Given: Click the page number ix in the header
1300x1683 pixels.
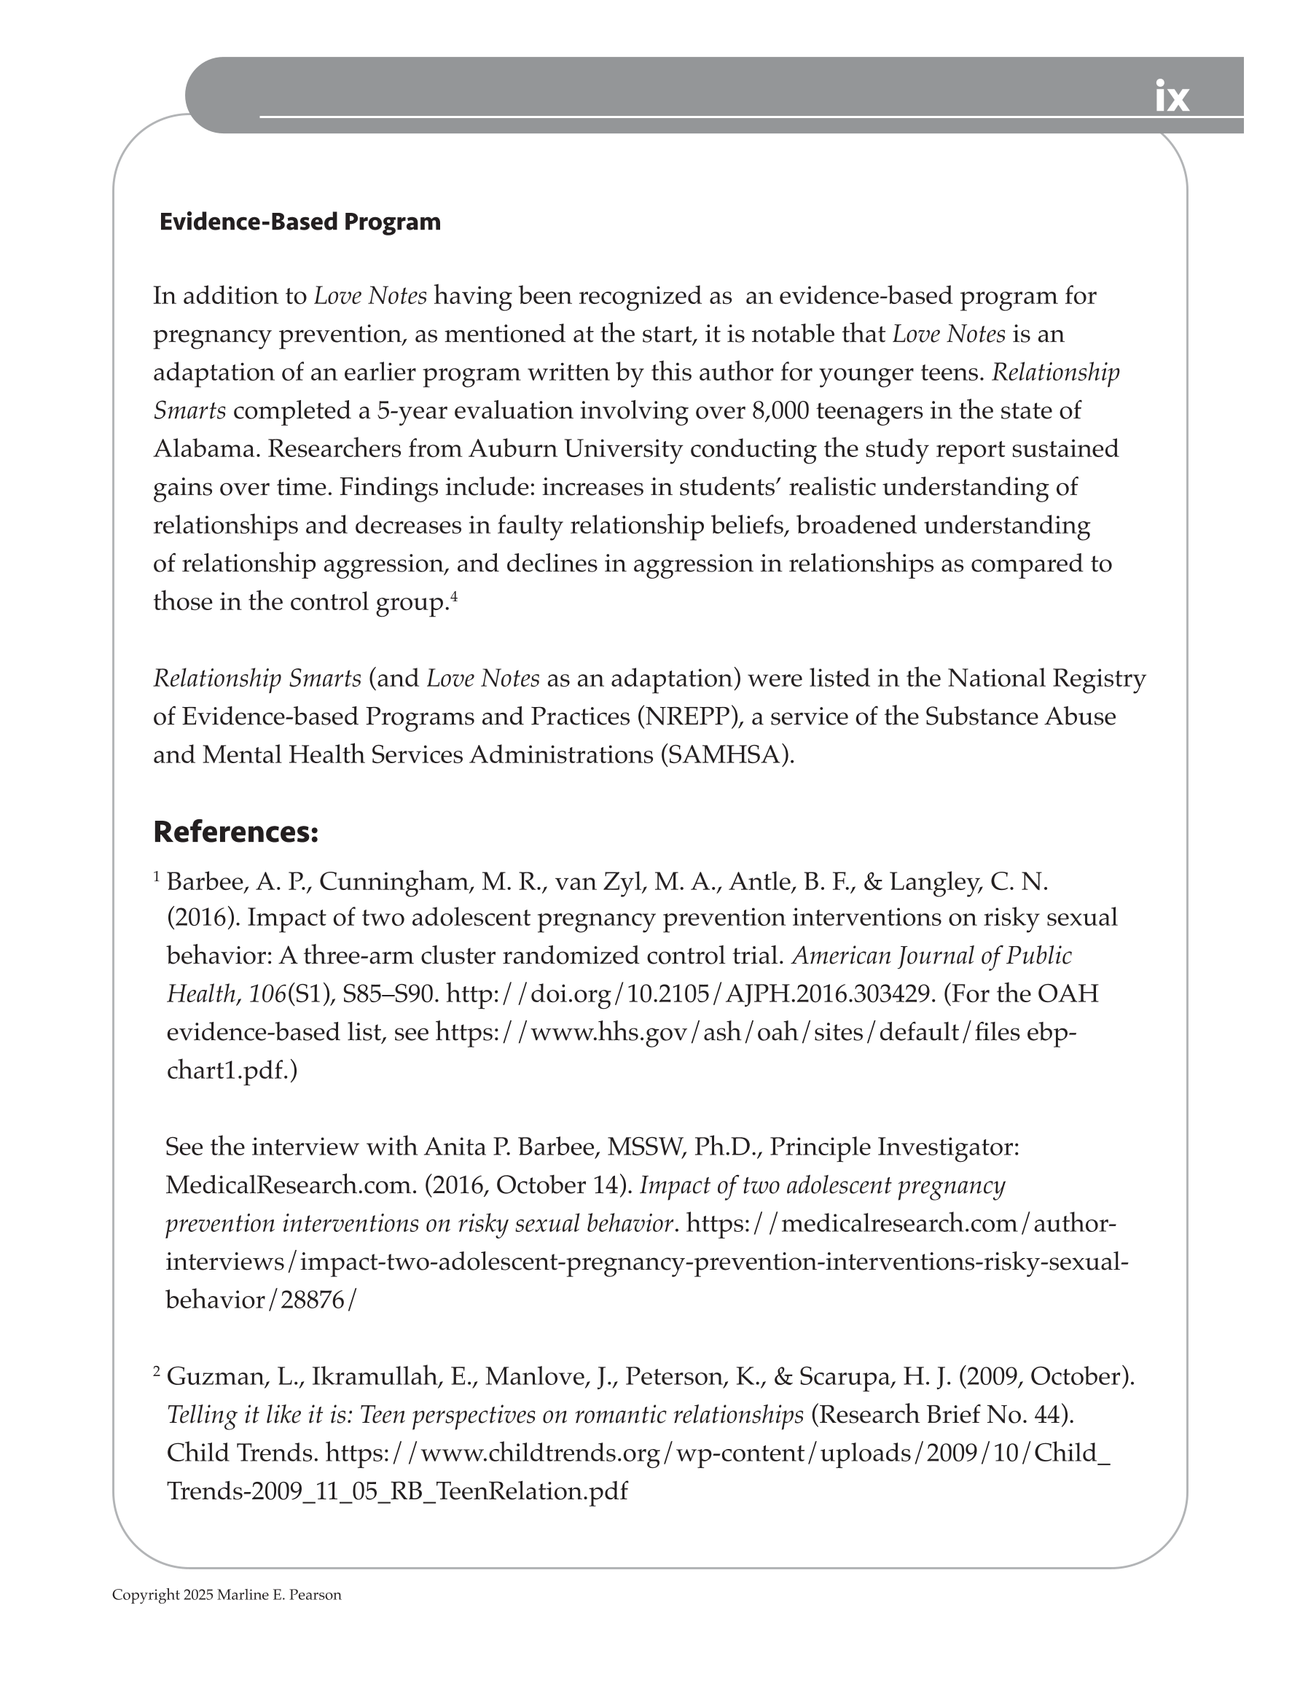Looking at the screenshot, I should (1171, 98).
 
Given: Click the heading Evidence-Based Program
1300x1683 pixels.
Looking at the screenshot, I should (299, 222).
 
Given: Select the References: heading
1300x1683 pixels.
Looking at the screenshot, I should (236, 832).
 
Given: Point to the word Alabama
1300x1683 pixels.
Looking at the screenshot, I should (205, 448).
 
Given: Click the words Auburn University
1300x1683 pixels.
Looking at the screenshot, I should (575, 448).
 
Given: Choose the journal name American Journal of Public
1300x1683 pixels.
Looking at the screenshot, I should (931, 956).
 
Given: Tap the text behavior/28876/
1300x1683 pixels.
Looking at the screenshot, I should (261, 1300).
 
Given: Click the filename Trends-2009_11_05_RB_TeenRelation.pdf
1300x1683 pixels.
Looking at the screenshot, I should (397, 1491).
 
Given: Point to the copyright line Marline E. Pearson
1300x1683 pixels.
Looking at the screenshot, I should (279, 1595).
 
